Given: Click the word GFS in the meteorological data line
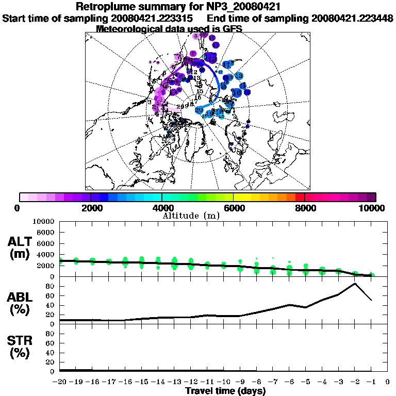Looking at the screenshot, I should point(232,29).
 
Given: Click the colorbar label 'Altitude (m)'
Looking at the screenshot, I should point(191,216).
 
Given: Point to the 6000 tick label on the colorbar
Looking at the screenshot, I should point(233,208).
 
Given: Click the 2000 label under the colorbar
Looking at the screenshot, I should point(91,208).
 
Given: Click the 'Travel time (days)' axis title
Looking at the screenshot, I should point(225,391).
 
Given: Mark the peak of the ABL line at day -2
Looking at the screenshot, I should point(355,283).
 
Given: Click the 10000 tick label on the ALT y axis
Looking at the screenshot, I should point(43,221).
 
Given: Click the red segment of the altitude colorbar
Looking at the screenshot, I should point(300,197).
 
